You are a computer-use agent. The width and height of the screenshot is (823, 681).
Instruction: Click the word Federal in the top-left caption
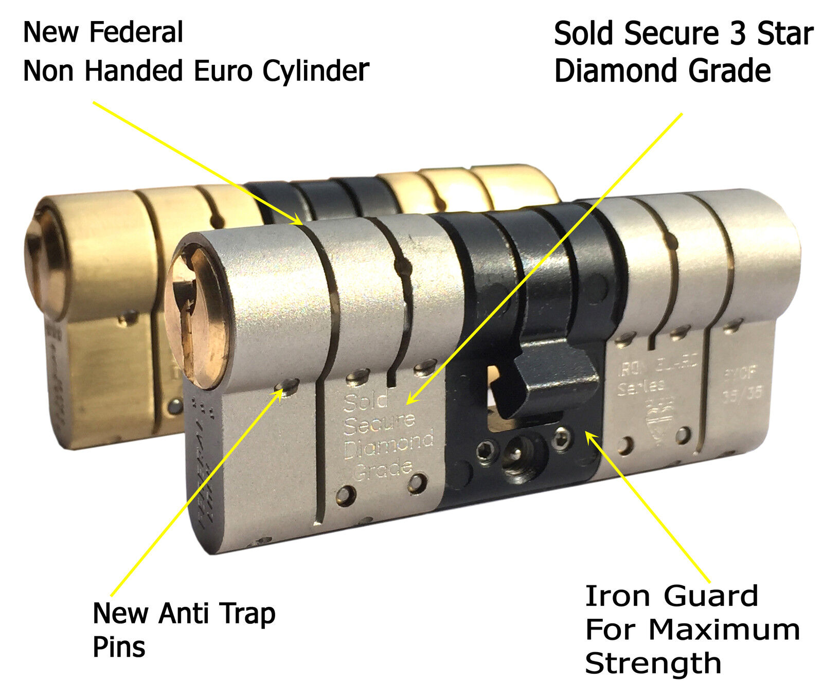[x=136, y=32]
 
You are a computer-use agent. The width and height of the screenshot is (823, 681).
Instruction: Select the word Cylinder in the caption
[x=315, y=71]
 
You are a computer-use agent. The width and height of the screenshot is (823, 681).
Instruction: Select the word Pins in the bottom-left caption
[x=119, y=647]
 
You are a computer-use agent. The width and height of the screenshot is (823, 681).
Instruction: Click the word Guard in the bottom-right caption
[x=711, y=596]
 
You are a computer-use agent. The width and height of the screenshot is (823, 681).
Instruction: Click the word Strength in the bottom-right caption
[x=653, y=662]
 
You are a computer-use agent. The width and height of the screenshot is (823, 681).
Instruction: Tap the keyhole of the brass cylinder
[x=39, y=257]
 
